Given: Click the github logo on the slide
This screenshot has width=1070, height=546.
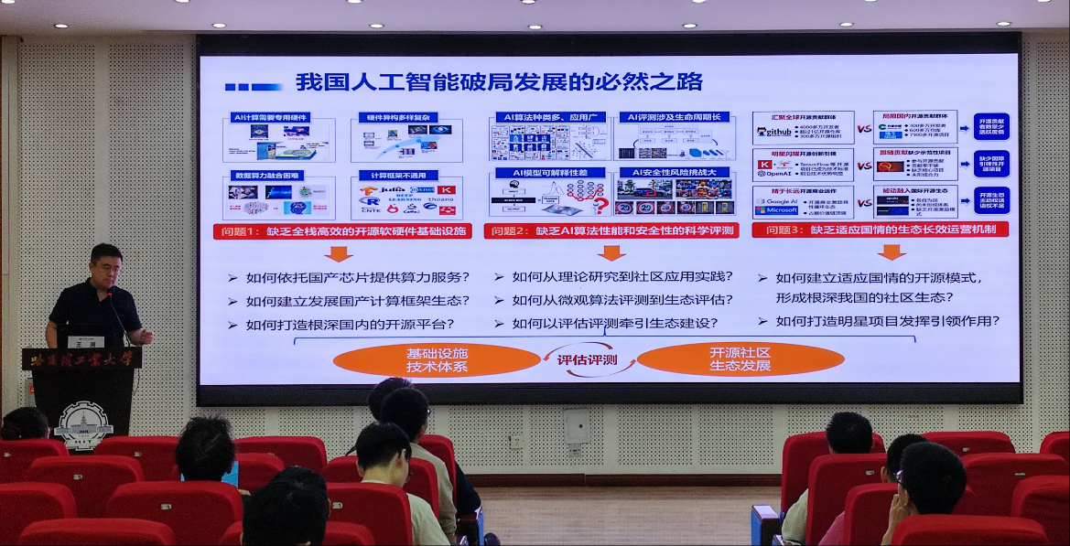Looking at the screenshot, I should pyautogui.click(x=773, y=132).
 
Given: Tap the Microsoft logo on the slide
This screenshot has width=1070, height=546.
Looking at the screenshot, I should pyautogui.click(x=775, y=210).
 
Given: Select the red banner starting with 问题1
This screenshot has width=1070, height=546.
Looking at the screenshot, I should pyautogui.click(x=341, y=231).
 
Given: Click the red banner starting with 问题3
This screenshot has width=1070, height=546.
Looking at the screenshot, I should pyautogui.click(x=880, y=230).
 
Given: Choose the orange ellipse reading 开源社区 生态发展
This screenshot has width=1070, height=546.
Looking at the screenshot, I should pyautogui.click(x=740, y=359).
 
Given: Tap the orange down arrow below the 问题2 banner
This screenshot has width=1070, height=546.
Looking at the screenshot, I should pyautogui.click(x=611, y=252).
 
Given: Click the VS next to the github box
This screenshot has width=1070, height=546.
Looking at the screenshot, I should pyautogui.click(x=864, y=129).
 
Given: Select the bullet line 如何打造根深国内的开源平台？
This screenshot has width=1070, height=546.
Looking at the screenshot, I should pyautogui.click(x=351, y=324).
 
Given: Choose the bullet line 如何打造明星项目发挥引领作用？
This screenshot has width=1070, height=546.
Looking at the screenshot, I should pyautogui.click(x=887, y=321).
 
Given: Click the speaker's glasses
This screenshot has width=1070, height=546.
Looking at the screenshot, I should pyautogui.click(x=104, y=265).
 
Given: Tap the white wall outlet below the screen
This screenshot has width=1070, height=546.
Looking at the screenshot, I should pyautogui.click(x=577, y=426).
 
